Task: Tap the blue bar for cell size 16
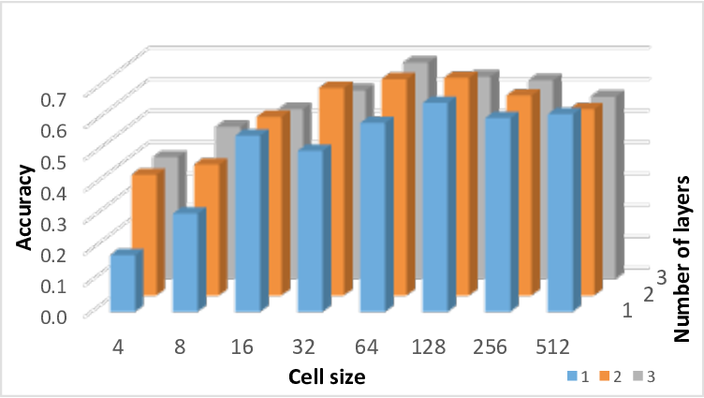coord(247,225)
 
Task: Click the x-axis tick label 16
coord(243,347)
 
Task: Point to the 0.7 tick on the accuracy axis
coord(52,99)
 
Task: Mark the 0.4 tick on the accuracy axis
coord(52,192)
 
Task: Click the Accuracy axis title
coord(25,206)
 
